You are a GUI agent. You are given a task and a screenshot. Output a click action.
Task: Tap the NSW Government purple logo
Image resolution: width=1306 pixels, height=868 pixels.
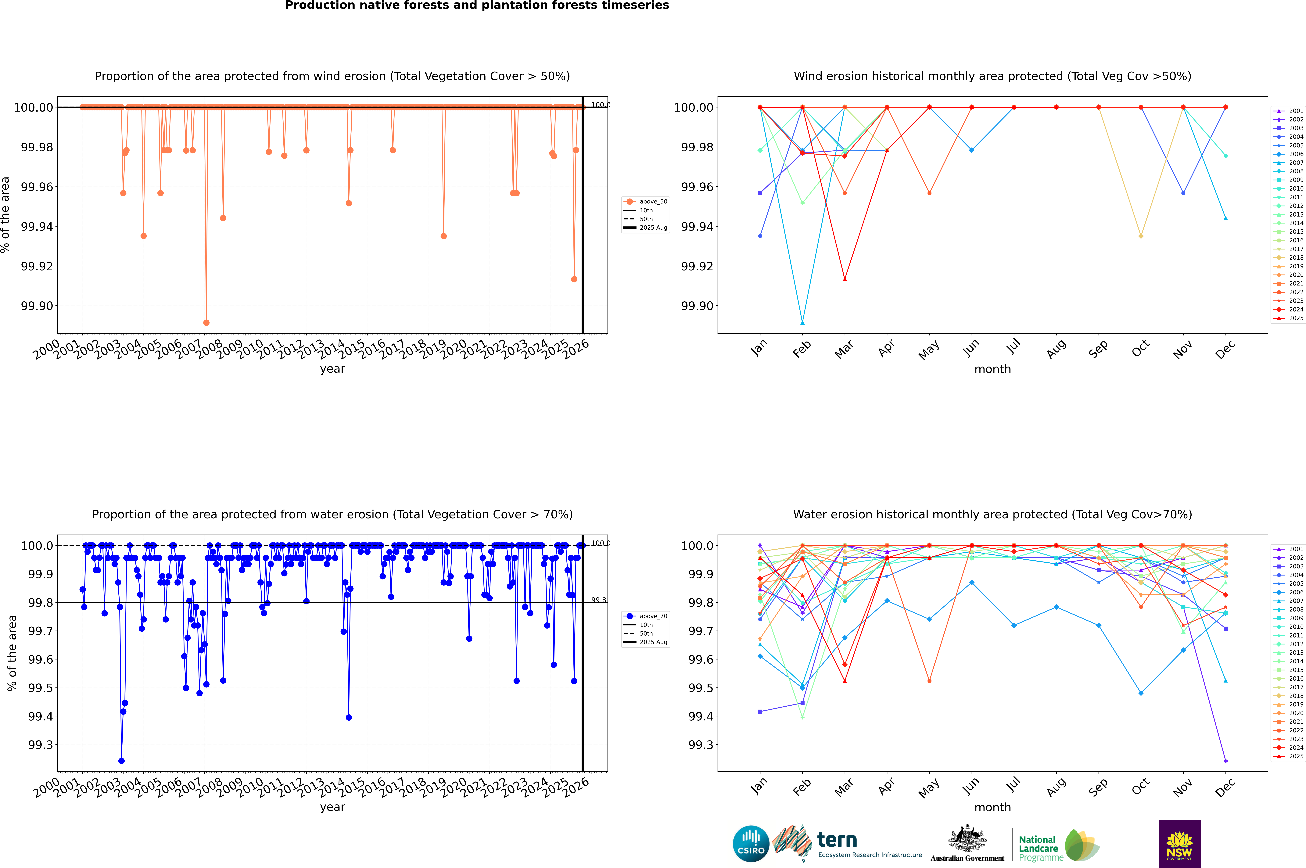coord(1179,844)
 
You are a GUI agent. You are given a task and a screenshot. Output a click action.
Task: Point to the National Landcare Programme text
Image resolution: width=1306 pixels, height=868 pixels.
coord(1039,848)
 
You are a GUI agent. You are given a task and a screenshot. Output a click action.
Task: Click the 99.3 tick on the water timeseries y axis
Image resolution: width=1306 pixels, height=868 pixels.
coord(41,744)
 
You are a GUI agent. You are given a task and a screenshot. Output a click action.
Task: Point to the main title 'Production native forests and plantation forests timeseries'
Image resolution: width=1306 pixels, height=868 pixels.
coord(477,5)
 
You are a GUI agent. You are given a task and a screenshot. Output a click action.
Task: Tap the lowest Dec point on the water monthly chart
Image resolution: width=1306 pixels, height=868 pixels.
coord(1225,761)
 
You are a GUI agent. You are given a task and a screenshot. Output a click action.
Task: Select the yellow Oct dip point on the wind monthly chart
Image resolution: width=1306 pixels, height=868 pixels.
coord(1140,236)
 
